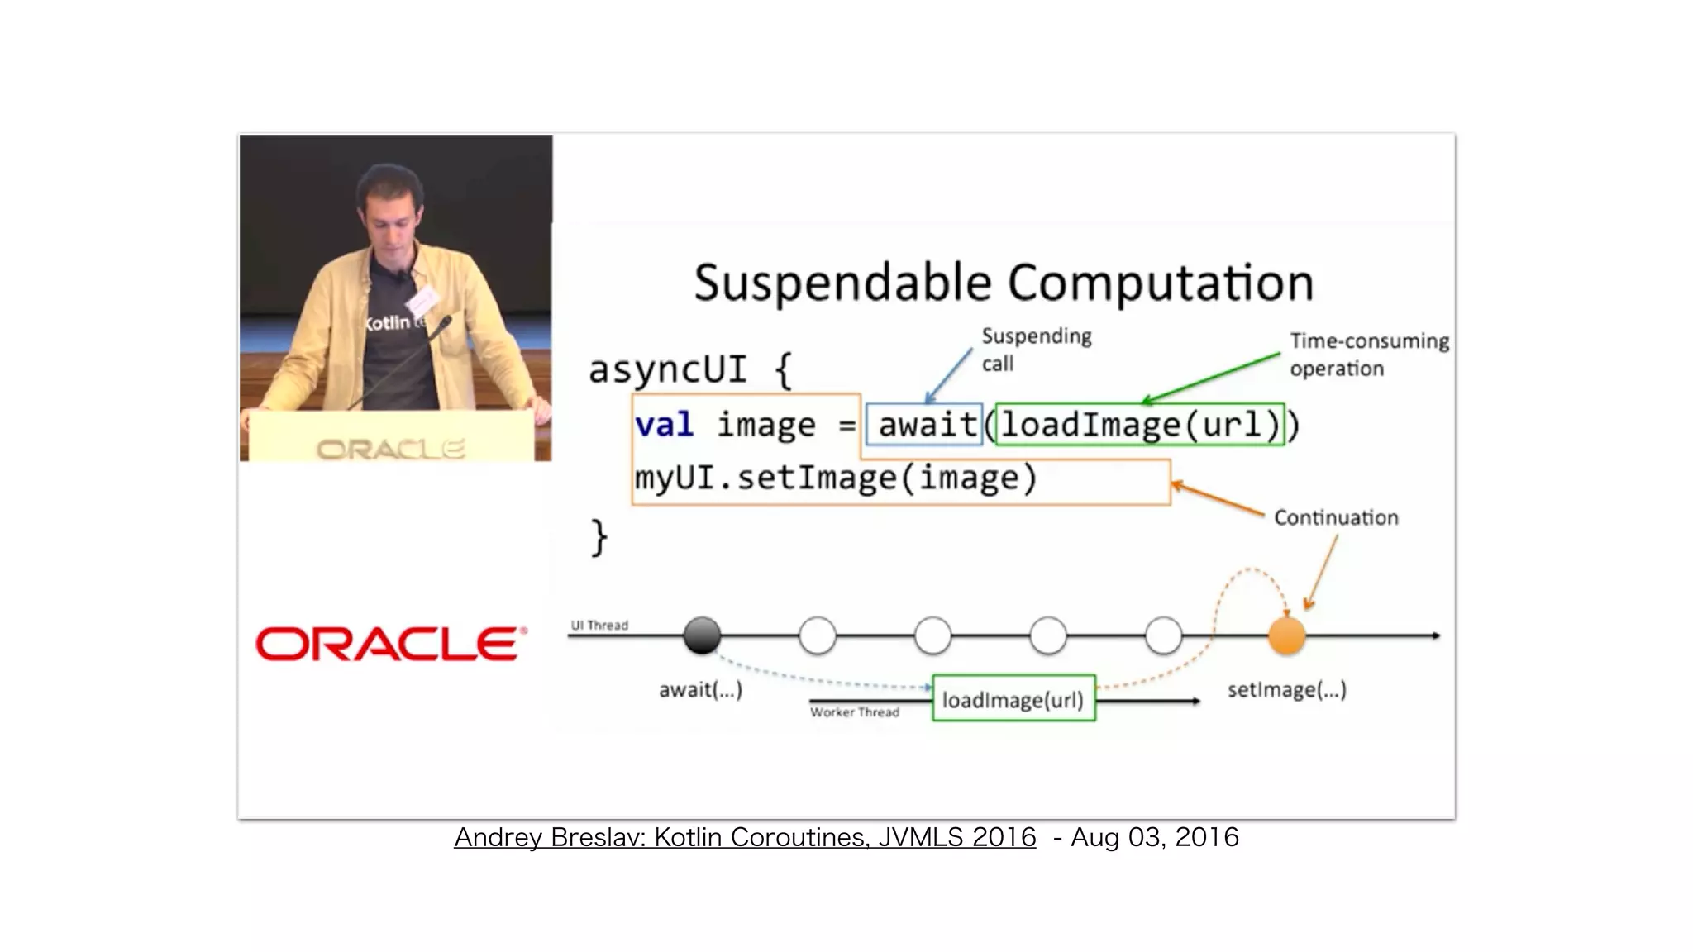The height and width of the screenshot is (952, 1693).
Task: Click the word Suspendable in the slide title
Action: tap(842, 283)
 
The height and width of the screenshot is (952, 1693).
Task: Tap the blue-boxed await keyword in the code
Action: tap(926, 425)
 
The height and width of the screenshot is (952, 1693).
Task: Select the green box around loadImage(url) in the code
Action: tap(1139, 425)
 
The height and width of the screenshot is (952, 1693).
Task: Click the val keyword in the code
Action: tap(664, 425)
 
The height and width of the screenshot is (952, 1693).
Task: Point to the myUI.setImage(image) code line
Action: tap(835, 478)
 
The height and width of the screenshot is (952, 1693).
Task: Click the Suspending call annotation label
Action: tap(1036, 350)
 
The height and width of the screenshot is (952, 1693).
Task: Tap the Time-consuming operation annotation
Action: tap(1369, 354)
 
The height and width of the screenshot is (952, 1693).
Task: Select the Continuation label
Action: tap(1336, 518)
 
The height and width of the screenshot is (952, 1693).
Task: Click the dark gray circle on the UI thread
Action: tap(702, 635)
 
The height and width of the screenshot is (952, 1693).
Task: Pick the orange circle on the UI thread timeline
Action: tap(1286, 636)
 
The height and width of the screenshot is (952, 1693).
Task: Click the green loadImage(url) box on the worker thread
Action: tap(1013, 700)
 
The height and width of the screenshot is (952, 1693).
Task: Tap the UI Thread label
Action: tap(599, 626)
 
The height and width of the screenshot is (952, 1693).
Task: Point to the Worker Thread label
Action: tap(854, 712)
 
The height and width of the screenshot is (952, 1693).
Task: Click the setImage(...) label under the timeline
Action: tap(1286, 689)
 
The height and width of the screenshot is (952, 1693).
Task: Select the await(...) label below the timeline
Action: tap(700, 689)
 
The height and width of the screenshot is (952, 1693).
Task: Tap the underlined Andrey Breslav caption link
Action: tap(744, 837)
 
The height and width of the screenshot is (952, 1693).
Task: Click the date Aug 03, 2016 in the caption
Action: tap(1154, 837)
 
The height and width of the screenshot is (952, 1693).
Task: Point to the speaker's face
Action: tap(392, 211)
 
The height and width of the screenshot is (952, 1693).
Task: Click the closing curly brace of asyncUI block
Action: tap(599, 538)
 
